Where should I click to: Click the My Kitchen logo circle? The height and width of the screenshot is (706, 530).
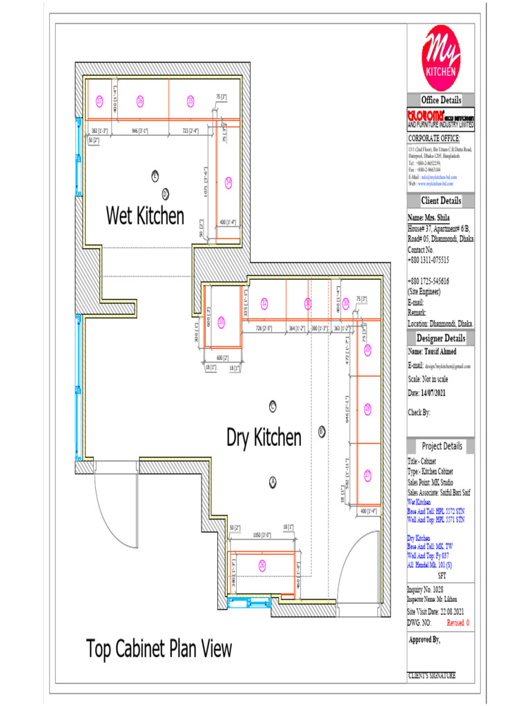pyautogui.click(x=441, y=56)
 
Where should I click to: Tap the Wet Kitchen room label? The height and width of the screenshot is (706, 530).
pyautogui.click(x=145, y=216)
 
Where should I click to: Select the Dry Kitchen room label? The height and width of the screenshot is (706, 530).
pyautogui.click(x=264, y=437)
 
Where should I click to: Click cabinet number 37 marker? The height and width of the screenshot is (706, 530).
pyautogui.click(x=99, y=101)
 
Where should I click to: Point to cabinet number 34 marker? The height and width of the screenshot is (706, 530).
pyautogui.click(x=228, y=183)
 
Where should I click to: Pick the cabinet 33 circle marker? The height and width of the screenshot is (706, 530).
pyautogui.click(x=222, y=321)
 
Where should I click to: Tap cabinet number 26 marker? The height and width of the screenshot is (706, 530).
pyautogui.click(x=262, y=565)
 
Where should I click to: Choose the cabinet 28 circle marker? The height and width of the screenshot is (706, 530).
pyautogui.click(x=368, y=409)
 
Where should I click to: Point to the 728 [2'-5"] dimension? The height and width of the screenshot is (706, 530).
pyautogui.click(x=264, y=328)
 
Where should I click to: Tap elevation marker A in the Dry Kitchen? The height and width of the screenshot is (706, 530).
pyautogui.click(x=273, y=481)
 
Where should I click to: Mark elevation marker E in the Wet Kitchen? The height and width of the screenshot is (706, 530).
pyautogui.click(x=155, y=176)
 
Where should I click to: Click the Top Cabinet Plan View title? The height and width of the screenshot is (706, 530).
pyautogui.click(x=159, y=649)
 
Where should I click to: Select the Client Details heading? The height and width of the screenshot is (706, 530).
pyautogui.click(x=441, y=201)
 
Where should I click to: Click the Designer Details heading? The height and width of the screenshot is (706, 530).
pyautogui.click(x=441, y=339)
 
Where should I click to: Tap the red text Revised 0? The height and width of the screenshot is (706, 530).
pyautogui.click(x=458, y=623)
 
